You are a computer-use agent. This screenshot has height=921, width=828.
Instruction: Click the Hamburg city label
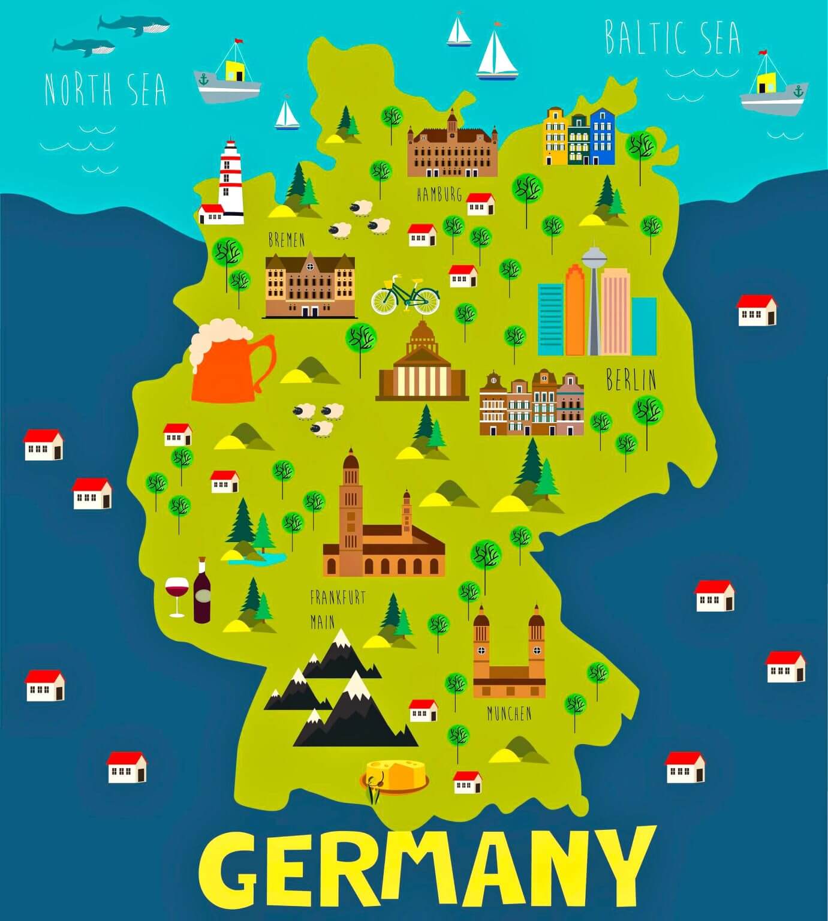point(439,194)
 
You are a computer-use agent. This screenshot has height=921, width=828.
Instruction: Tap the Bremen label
point(286,240)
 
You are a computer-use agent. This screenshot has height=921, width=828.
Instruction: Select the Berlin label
point(631,380)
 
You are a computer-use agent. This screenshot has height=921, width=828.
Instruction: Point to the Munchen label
point(509,714)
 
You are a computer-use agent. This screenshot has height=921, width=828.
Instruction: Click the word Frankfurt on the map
point(338,597)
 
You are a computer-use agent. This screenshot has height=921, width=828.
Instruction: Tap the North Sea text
point(105,89)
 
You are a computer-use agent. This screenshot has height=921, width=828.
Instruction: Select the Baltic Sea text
point(672,37)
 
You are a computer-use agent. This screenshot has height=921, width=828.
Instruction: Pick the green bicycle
point(405,296)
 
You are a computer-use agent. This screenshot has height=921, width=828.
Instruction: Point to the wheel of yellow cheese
point(395,775)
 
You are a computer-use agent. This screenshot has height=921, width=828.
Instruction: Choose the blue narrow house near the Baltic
point(602,136)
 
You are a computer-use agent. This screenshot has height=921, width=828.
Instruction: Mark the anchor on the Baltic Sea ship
point(797,91)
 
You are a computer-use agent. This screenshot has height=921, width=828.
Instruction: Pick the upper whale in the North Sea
point(135,25)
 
